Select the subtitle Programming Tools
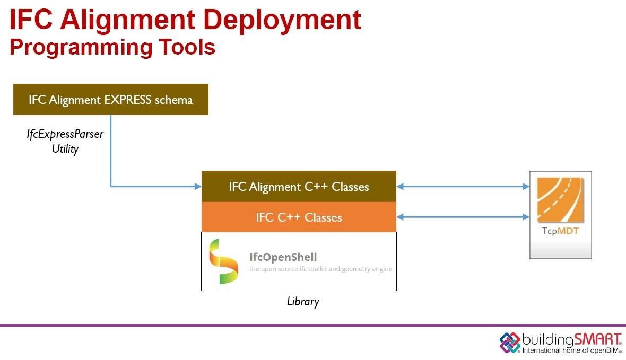[112, 47]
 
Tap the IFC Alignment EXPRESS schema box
[110, 99]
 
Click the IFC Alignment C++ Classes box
[299, 187]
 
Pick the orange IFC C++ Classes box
[299, 217]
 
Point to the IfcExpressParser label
[65, 134]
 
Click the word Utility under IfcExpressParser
[65, 149]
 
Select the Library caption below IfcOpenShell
[303, 301]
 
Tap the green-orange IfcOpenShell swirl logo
[223, 261]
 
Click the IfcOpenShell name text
[283, 257]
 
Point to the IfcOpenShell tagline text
[320, 269]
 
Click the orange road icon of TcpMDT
[561, 200]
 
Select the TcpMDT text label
[560, 231]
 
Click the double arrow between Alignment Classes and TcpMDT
[463, 187]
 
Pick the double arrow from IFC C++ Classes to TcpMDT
[463, 217]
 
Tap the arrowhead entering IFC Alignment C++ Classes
[198, 187]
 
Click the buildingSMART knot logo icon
[510, 343]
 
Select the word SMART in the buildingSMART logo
[597, 340]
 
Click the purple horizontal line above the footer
[313, 326]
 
